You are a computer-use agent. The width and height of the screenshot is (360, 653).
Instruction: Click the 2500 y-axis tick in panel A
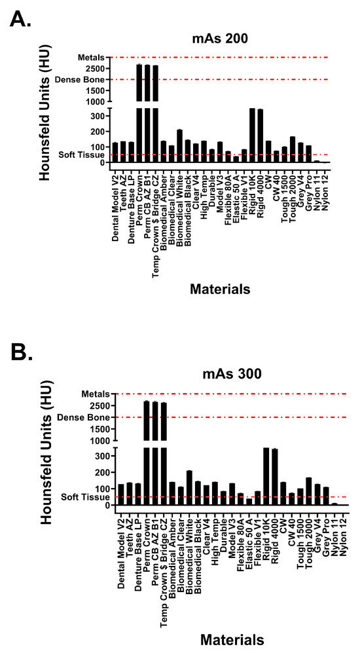pyautogui.click(x=96, y=69)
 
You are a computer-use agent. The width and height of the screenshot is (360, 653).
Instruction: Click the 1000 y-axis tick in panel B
pyautogui.click(x=96, y=440)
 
